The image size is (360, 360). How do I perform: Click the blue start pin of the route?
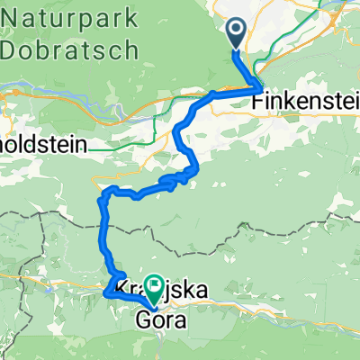tap(236, 34)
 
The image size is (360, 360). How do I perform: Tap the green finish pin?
tap(155, 287)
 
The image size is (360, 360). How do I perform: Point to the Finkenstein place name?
tap(307, 103)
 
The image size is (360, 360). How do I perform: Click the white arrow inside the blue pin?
tap(236, 31)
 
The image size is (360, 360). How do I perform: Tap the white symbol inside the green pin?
tap(155, 285)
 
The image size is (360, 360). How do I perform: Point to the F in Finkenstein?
tap(261, 103)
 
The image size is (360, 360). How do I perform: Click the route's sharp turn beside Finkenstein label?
tap(259, 88)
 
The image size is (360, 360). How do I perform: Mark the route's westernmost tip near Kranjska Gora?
tap(106, 292)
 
